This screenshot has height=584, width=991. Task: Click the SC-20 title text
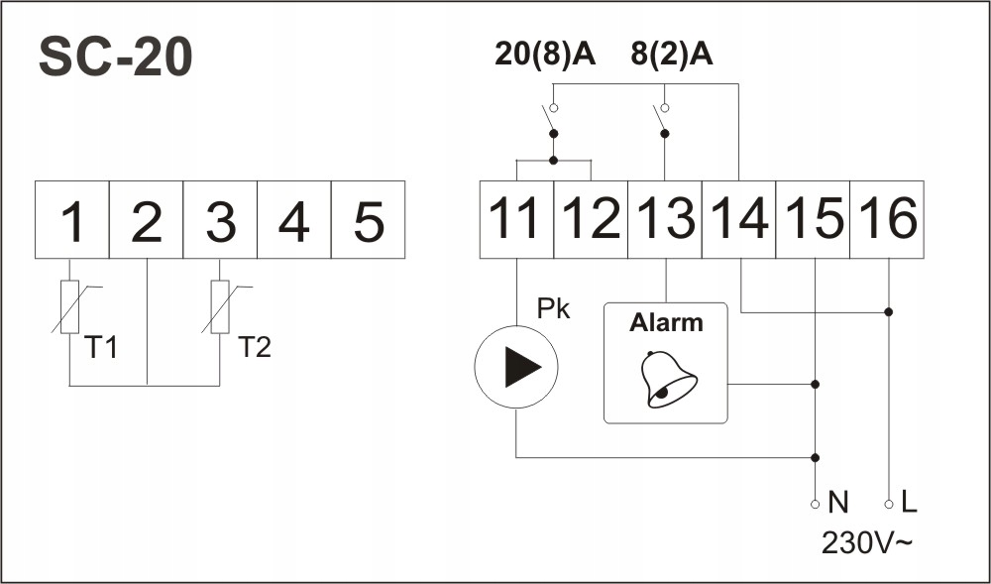tap(116, 58)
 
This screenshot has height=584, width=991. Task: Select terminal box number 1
tap(72, 220)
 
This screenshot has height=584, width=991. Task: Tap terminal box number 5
tap(368, 220)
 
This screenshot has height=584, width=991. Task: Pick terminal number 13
tap(665, 220)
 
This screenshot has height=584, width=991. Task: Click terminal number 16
tap(887, 220)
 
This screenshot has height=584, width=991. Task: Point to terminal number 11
tap(517, 220)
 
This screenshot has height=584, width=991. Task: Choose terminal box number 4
tap(294, 220)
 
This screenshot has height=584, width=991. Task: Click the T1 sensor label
tap(100, 347)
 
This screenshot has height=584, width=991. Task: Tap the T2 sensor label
tap(254, 347)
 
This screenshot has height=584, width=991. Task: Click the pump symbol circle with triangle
tap(516, 367)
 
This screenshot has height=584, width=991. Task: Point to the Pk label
tap(553, 309)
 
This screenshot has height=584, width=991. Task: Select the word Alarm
tap(666, 323)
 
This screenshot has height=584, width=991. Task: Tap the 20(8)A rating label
tap(545, 56)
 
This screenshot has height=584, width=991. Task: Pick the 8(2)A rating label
tap(672, 56)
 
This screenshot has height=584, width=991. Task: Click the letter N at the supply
tap(838, 503)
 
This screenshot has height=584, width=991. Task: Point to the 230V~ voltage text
tap(866, 543)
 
